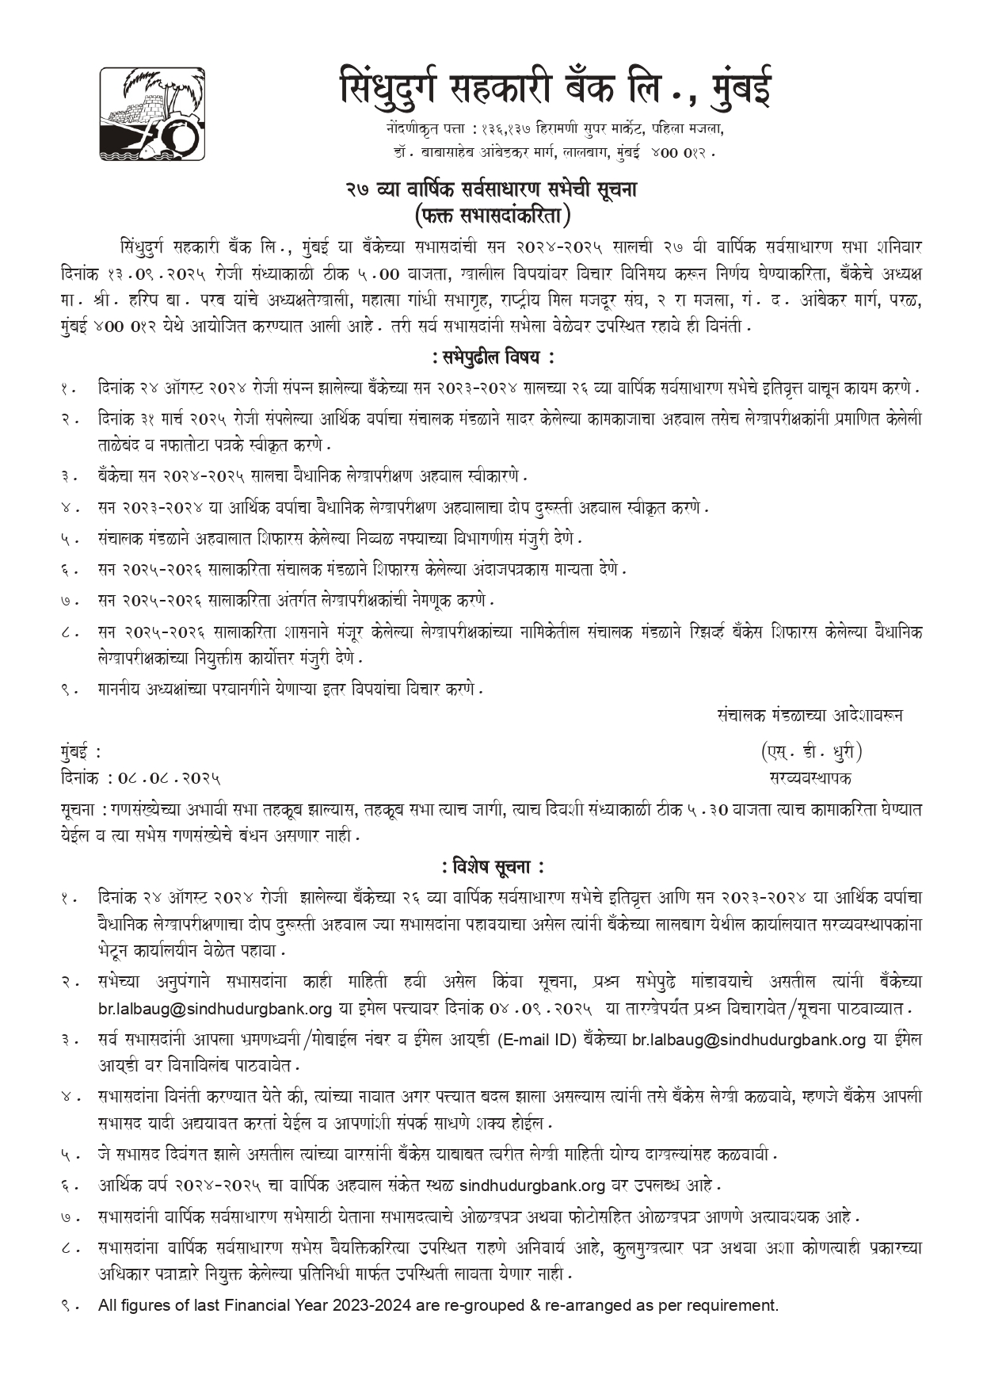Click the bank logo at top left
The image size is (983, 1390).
(x=151, y=115)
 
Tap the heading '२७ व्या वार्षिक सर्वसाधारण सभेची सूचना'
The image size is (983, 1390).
(x=491, y=190)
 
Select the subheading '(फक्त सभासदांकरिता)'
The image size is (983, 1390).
(x=491, y=214)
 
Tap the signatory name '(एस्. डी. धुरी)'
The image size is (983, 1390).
(x=810, y=751)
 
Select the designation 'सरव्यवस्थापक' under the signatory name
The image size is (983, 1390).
(x=810, y=777)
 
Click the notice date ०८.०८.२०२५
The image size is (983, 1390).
(x=169, y=778)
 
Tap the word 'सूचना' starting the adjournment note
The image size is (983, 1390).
(x=77, y=811)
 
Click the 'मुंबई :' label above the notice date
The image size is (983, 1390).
(x=80, y=751)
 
